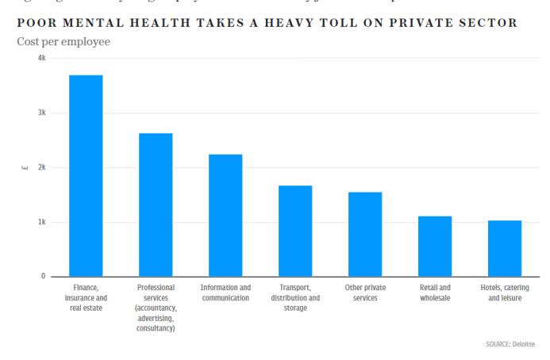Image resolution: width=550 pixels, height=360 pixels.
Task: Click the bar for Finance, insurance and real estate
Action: point(86,175)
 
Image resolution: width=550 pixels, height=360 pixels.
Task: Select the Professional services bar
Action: point(156,205)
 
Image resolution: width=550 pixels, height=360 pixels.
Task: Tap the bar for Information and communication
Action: point(225,215)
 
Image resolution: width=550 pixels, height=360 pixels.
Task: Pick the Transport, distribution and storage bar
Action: point(295,231)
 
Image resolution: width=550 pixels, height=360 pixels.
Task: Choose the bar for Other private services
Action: point(365,234)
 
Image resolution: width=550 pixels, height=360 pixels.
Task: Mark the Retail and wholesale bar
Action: point(435,246)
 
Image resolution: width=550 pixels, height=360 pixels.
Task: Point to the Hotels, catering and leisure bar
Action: point(505,248)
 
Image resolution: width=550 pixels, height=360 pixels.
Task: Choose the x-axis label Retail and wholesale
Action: point(435,293)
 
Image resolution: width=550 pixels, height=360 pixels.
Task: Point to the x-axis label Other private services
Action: point(365,293)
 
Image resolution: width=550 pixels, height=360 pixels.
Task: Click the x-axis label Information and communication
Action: point(225,293)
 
